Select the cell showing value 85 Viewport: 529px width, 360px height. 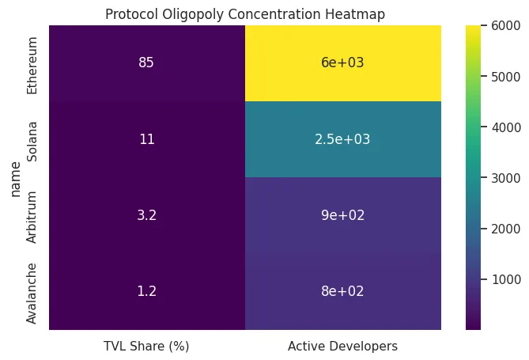[x=146, y=63]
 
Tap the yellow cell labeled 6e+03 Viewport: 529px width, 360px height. [x=342, y=63]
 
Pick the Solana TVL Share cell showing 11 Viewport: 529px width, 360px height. [x=146, y=139]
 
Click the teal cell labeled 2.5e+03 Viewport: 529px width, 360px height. [x=342, y=139]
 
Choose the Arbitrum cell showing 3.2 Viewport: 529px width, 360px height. [x=146, y=215]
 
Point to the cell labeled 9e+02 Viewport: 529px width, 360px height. [x=342, y=215]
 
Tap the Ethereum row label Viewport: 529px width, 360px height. [x=32, y=63]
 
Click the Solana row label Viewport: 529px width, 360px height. [x=32, y=139]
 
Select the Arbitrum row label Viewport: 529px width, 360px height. [x=32, y=215]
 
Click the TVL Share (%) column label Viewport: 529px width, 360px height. [x=146, y=346]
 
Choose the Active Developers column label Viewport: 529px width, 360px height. [x=342, y=346]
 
